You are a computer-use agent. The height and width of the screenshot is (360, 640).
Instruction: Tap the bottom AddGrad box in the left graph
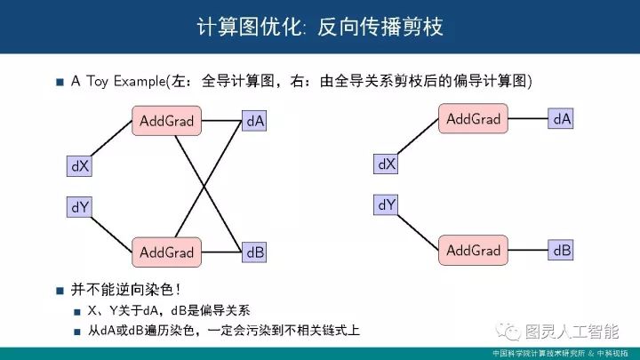point(166,252)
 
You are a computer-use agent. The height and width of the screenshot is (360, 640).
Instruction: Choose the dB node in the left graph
point(255,252)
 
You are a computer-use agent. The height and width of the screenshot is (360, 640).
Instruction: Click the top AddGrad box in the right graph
point(473,118)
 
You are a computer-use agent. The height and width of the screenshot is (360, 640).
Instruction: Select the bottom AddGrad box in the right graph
point(473,250)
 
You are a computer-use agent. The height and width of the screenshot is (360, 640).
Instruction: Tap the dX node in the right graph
point(387,164)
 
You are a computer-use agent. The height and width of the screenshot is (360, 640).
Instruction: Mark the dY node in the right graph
point(387,205)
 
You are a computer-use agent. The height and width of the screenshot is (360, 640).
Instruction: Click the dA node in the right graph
point(562,118)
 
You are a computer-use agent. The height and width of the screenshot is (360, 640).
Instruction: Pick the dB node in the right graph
point(562,250)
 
